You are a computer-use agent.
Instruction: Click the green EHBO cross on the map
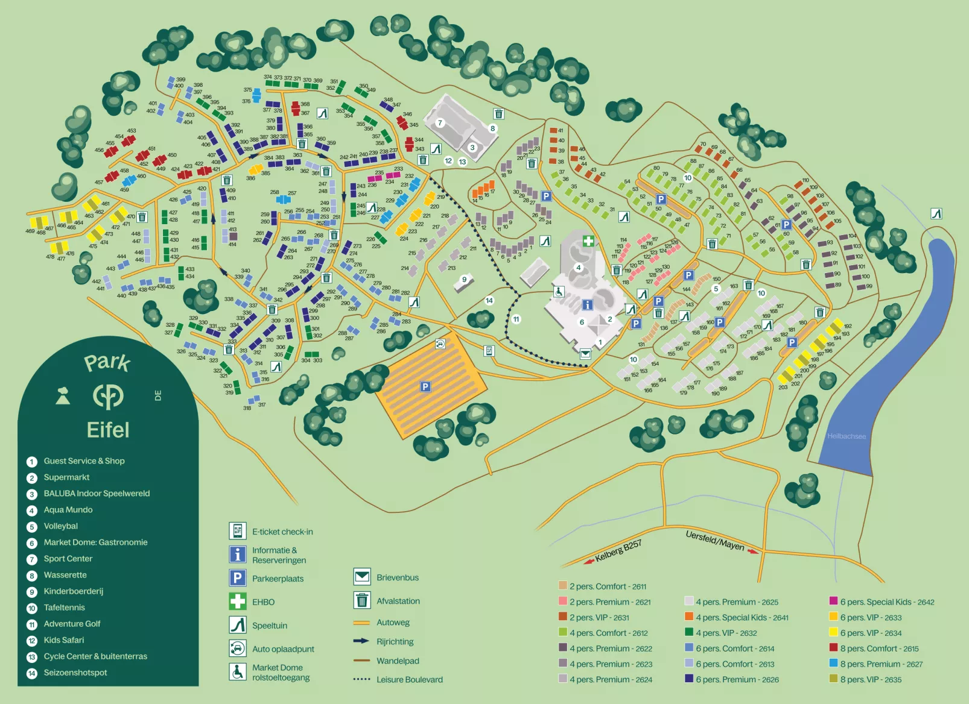(588, 241)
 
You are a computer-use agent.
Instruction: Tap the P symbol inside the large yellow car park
(425, 386)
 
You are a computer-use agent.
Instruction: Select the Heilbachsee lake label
(846, 436)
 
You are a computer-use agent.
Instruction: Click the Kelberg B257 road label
(618, 551)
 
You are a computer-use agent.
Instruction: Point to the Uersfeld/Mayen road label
(715, 540)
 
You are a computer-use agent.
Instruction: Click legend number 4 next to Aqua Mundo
(32, 511)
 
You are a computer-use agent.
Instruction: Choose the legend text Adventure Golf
(72, 624)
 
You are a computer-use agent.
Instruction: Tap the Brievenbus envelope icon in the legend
(362, 577)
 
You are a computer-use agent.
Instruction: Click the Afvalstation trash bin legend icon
(362, 600)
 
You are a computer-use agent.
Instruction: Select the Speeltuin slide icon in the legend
(238, 625)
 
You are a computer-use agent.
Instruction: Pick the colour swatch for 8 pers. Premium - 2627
(833, 663)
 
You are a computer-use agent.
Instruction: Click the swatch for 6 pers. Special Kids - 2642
(833, 601)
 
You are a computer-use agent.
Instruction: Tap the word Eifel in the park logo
(108, 430)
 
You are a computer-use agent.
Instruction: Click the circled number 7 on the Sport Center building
(440, 123)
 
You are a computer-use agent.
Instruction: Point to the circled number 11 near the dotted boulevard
(516, 319)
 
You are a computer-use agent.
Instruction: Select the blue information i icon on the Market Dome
(587, 305)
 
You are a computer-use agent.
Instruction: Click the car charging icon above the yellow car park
(440, 344)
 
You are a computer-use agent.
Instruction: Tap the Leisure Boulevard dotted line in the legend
(361, 679)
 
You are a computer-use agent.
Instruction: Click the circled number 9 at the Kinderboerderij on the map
(464, 279)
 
